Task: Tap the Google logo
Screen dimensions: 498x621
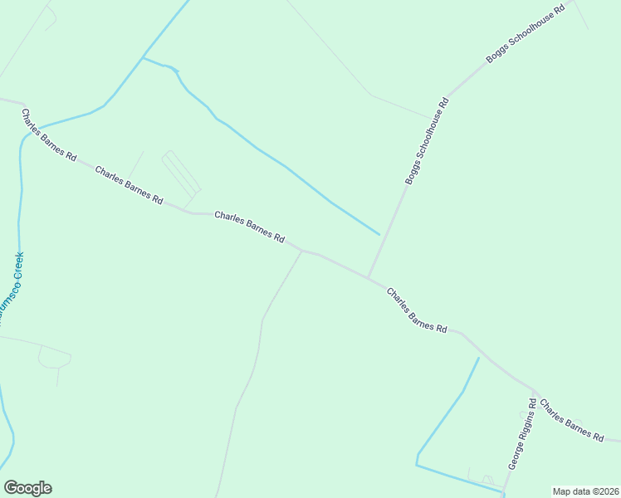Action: coord(27,488)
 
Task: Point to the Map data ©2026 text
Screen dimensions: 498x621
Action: coord(585,491)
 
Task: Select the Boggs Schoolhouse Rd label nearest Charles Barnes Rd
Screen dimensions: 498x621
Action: coord(427,141)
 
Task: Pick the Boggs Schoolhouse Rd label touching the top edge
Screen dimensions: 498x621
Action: coord(525,34)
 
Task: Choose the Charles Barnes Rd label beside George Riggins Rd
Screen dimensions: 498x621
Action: coord(571,420)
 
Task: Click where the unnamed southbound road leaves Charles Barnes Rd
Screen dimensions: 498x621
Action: coord(301,251)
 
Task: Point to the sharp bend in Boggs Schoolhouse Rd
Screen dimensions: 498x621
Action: coord(448,93)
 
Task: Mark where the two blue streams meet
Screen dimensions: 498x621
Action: coord(143,58)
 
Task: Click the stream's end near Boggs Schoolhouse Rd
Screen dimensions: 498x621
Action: coord(379,234)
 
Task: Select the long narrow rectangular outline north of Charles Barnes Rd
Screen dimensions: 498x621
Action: coord(181,174)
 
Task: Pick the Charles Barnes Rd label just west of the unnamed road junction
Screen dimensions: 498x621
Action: coord(250,227)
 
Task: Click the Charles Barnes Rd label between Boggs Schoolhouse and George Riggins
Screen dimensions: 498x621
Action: coord(417,310)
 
